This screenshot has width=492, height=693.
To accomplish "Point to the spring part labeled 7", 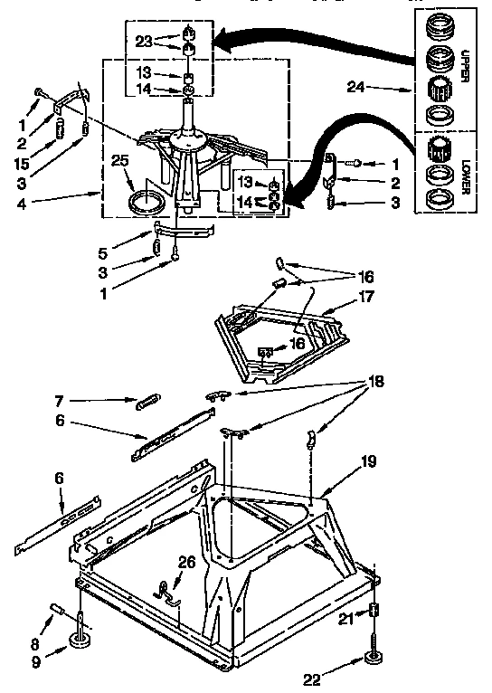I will (x=148, y=402).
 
